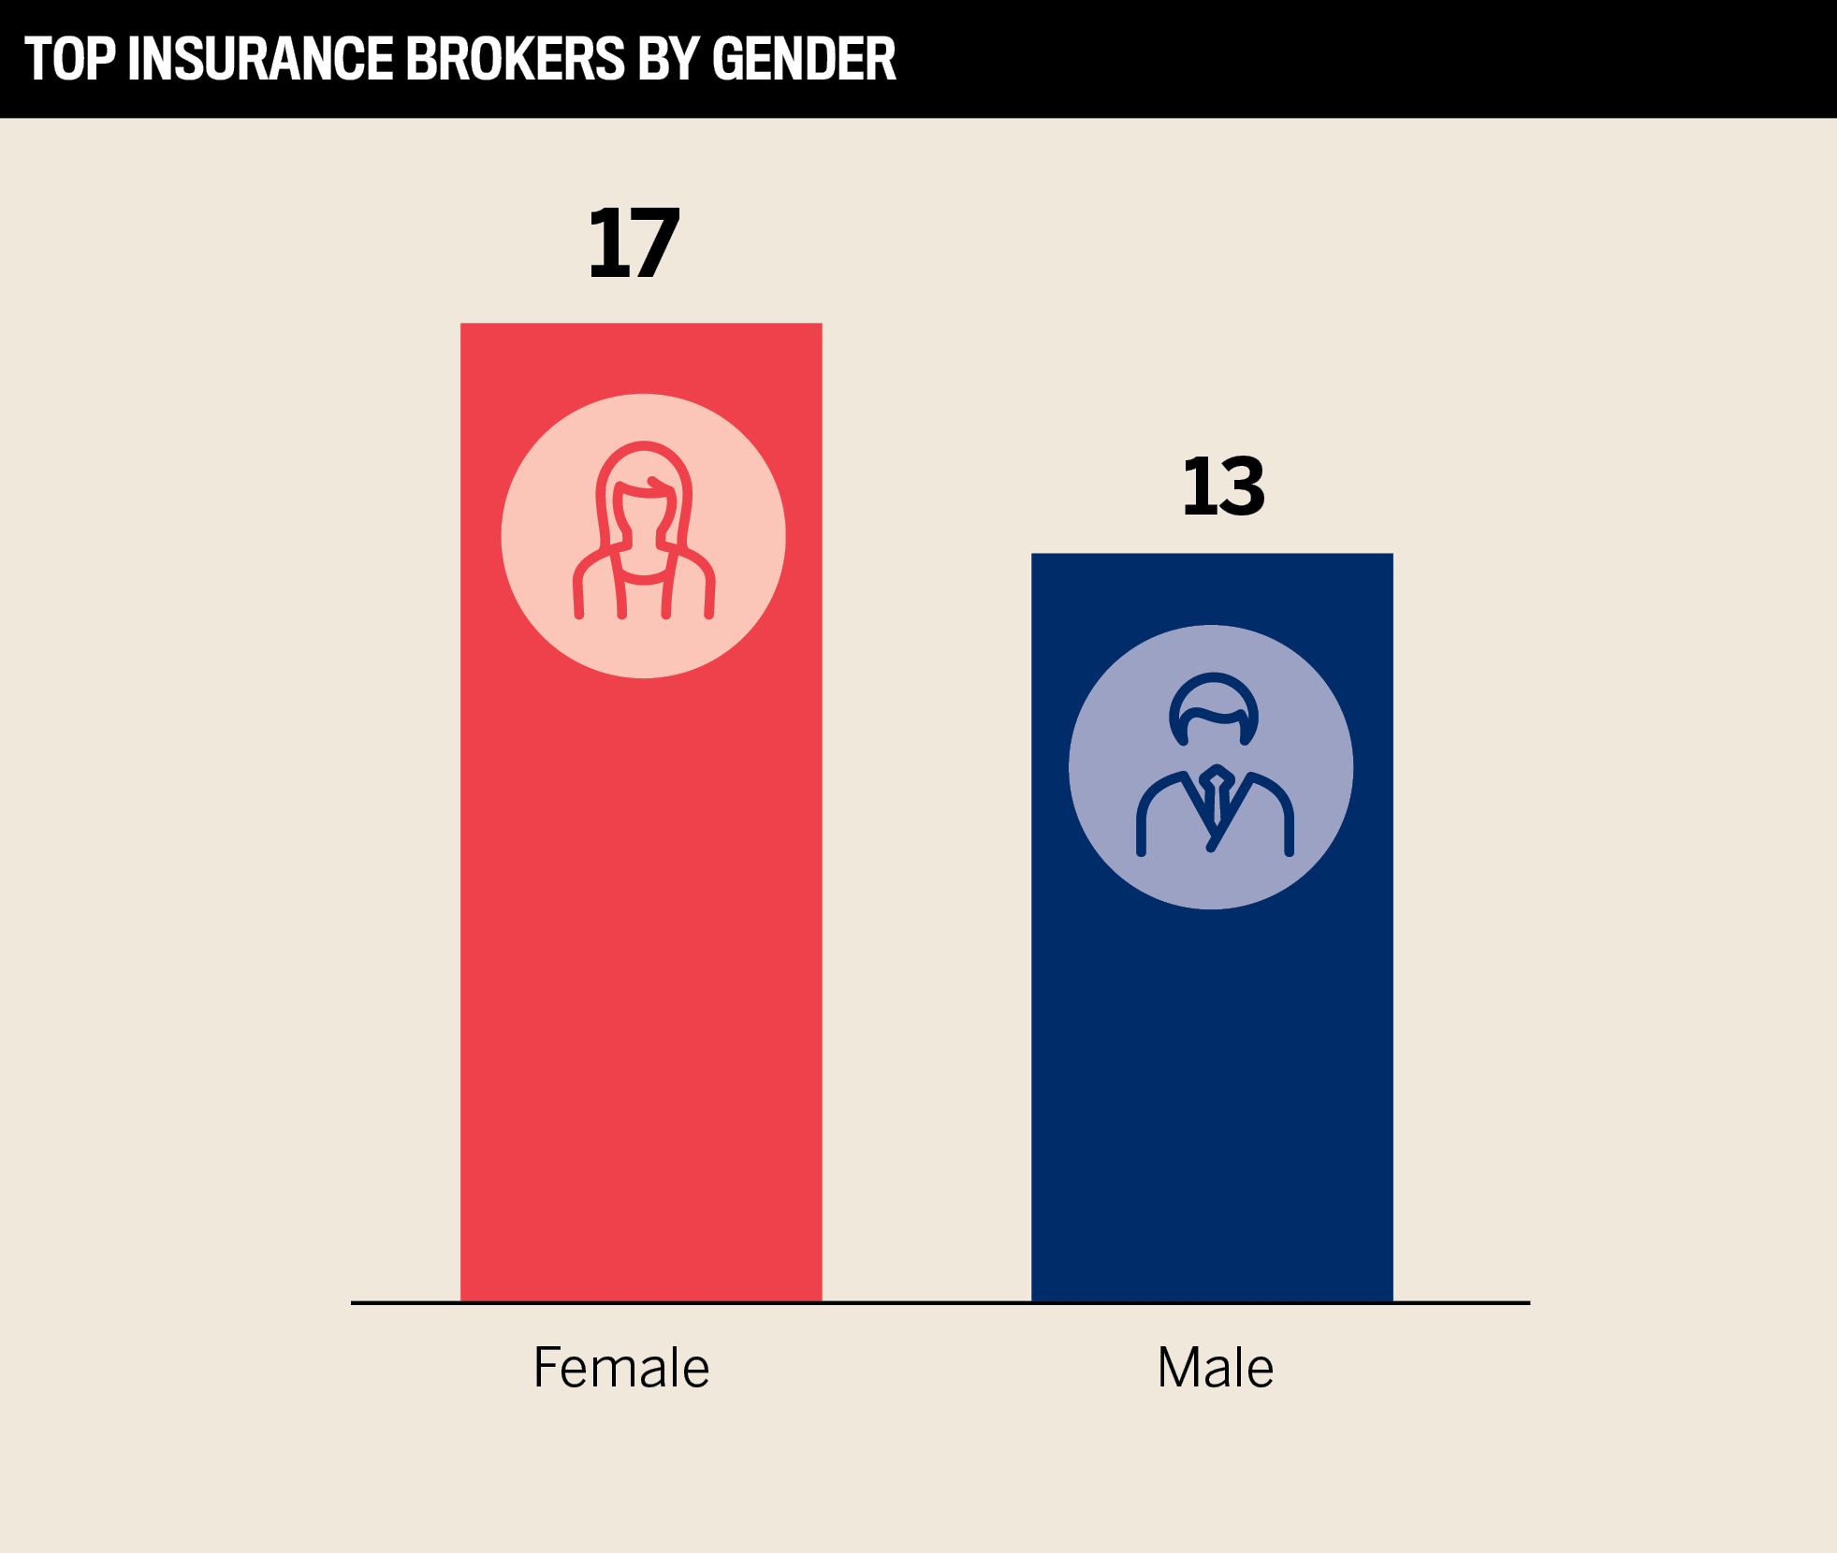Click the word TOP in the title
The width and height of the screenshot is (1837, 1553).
point(69,59)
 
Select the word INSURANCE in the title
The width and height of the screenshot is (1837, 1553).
point(259,59)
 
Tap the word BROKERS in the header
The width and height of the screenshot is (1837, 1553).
point(515,59)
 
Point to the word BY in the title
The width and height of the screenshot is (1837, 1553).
point(667,59)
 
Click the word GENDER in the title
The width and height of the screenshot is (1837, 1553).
point(803,59)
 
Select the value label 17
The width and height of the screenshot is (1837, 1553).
point(634,243)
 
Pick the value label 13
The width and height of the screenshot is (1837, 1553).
point(1223,486)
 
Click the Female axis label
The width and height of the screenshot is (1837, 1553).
point(621,1368)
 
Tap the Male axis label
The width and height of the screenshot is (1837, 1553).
point(1215,1368)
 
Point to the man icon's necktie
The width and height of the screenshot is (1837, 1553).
point(1216,800)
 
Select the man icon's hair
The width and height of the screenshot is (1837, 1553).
point(1214,697)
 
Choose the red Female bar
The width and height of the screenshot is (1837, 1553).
point(641,982)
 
